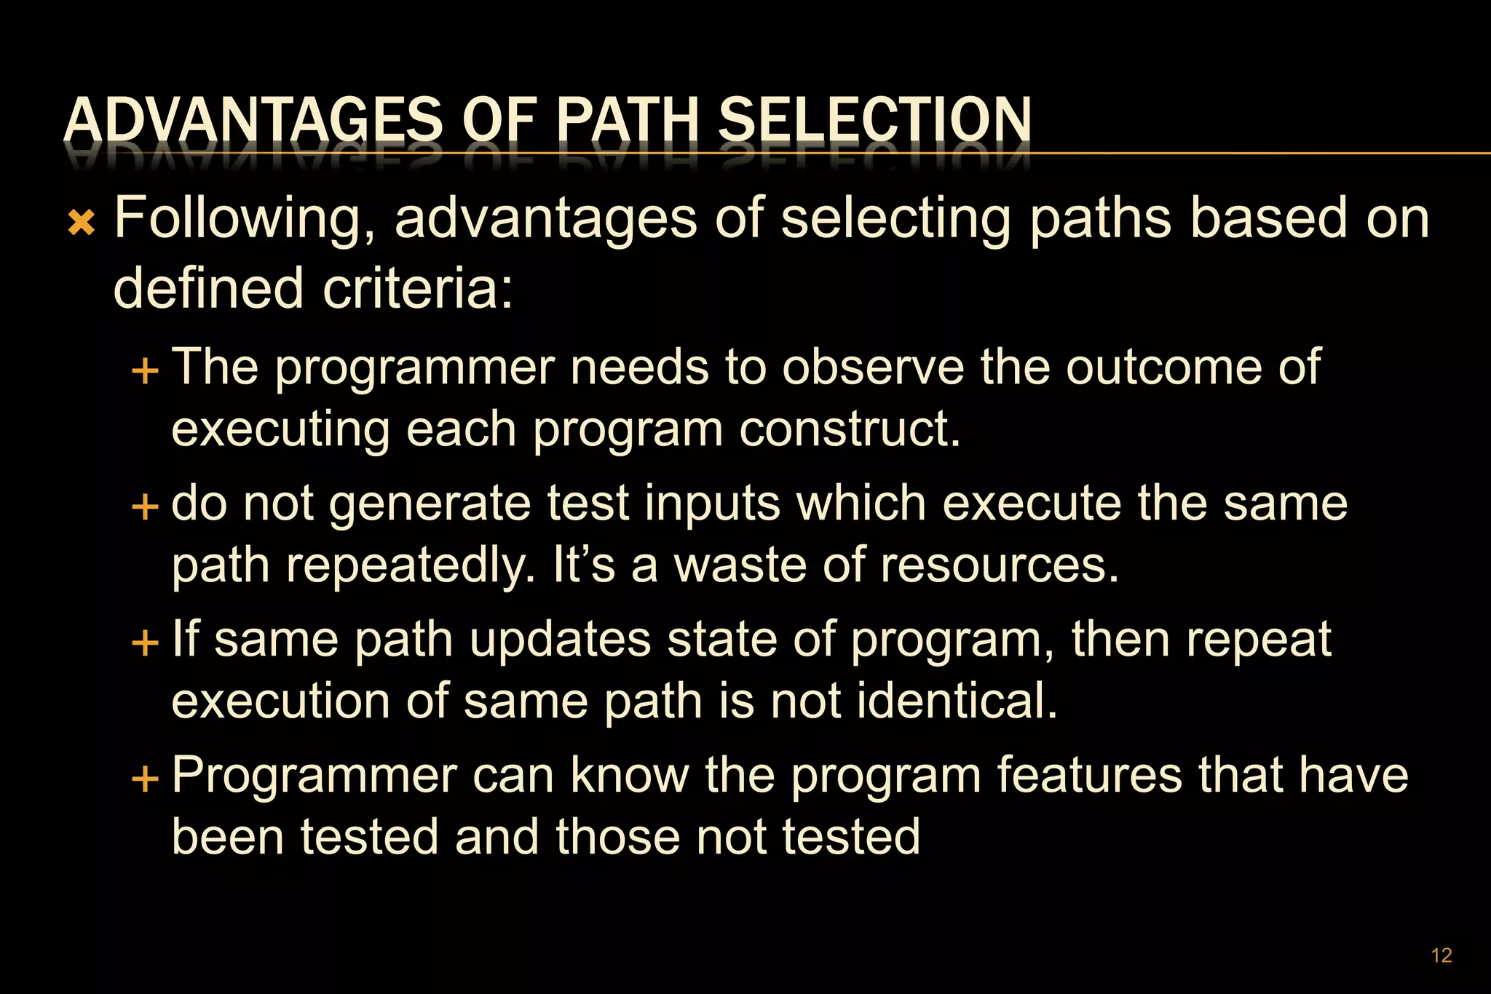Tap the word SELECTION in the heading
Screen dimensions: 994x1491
tap(874, 121)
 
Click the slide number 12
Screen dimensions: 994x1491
tap(1441, 955)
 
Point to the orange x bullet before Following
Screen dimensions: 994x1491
tap(82, 223)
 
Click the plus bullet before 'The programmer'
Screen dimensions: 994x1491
tap(145, 371)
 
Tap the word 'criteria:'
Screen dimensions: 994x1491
tap(418, 288)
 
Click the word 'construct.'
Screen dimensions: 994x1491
tap(850, 429)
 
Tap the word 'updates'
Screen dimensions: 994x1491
tap(560, 640)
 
